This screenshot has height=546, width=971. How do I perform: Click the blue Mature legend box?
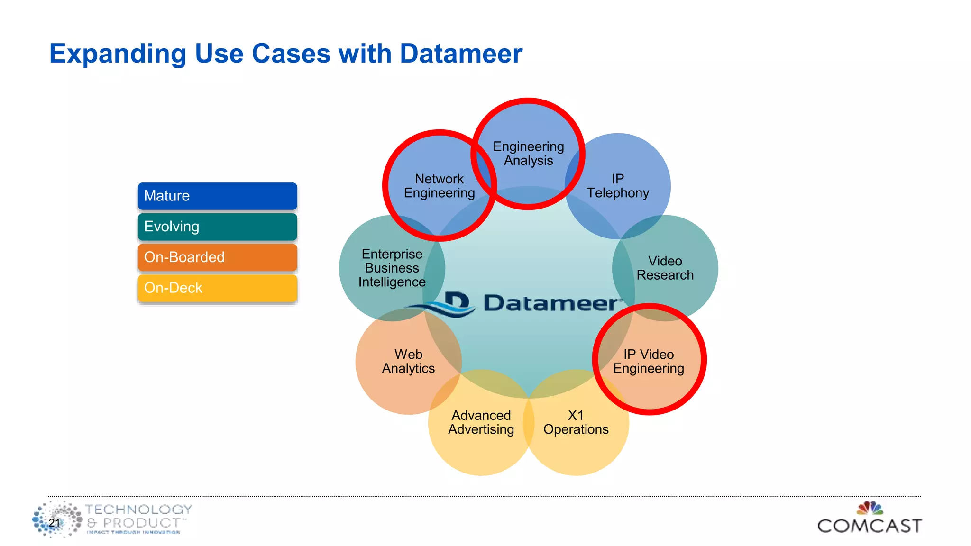coord(217,196)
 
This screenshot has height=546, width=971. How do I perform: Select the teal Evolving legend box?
coord(217,227)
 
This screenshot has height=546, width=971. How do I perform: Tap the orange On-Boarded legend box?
coord(217,257)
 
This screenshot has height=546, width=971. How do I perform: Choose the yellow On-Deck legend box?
coord(217,288)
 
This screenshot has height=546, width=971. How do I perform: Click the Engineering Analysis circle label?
coord(528,154)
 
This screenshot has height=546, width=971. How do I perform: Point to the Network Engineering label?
coord(439,186)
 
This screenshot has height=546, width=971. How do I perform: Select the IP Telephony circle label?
coord(617,186)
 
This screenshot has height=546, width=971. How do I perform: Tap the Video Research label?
coord(665,268)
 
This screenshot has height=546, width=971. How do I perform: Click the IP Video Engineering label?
coord(649,361)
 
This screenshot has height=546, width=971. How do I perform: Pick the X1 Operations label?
coord(576,422)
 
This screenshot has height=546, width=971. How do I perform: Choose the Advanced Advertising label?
coord(481,422)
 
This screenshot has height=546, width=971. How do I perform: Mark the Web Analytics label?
coord(408,361)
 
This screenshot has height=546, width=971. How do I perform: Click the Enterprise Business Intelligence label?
coord(392,268)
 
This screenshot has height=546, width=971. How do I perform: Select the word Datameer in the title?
coord(461,54)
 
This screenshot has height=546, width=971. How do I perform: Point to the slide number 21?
coord(54,523)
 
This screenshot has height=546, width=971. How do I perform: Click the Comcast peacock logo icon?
coord(870,509)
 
